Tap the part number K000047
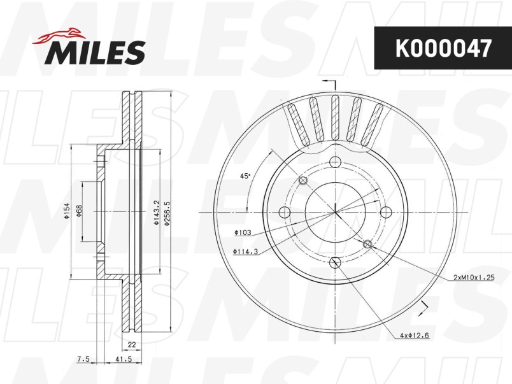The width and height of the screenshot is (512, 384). point(443,48)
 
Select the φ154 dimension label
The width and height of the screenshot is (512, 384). point(66,212)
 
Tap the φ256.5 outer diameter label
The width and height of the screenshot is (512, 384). point(167,212)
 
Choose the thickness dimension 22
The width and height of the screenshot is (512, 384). point(132,345)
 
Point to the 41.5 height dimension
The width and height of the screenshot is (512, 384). point(119,360)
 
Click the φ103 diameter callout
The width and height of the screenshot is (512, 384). point(243,234)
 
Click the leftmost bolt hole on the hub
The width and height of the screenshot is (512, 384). point(285,212)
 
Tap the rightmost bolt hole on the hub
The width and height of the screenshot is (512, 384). point(385,212)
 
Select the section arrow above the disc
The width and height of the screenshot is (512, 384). point(329,83)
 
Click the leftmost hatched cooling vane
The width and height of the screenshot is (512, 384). point(295,120)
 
